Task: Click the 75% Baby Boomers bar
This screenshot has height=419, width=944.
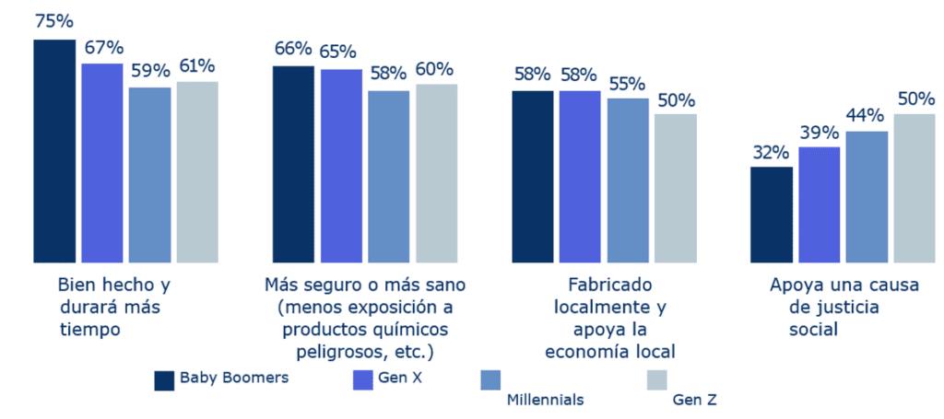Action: (54, 151)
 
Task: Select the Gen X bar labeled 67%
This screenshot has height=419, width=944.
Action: (102, 162)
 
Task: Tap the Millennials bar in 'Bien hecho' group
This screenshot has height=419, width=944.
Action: (149, 174)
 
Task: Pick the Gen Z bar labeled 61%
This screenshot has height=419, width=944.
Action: (197, 171)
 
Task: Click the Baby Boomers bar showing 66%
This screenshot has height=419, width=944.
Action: (293, 164)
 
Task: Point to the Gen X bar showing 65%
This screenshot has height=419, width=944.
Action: (341, 166)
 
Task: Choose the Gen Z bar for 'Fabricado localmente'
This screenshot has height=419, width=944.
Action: (676, 188)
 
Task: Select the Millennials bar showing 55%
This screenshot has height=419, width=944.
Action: (628, 180)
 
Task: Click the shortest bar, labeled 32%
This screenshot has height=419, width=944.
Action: (772, 214)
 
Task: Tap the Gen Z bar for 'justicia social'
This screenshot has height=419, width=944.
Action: (914, 188)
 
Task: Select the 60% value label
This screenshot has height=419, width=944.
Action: (434, 69)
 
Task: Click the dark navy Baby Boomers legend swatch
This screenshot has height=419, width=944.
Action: (164, 379)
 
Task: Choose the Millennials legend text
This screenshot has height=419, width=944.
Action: (546, 399)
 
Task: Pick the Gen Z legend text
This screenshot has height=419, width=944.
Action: (694, 399)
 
